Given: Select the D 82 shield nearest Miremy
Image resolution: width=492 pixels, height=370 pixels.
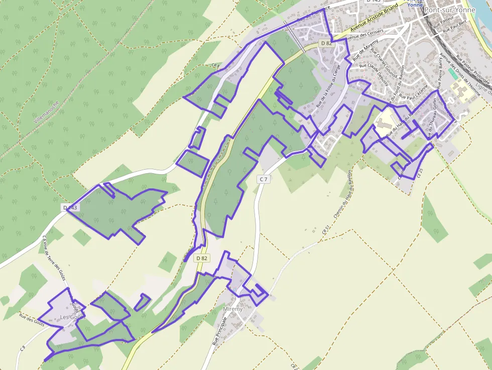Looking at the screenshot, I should click(202, 258).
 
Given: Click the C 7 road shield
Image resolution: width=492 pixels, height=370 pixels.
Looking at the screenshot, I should click(264, 179).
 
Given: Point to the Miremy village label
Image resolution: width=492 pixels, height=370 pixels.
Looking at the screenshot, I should click(233, 309).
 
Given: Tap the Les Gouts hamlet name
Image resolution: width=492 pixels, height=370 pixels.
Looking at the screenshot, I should click(72, 317).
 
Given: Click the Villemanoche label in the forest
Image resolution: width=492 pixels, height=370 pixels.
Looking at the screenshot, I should click(47, 112).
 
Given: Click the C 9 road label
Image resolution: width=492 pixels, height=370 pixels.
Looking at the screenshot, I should click(23, 347).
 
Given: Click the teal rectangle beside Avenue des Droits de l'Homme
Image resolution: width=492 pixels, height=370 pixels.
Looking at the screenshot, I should click(453, 73).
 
